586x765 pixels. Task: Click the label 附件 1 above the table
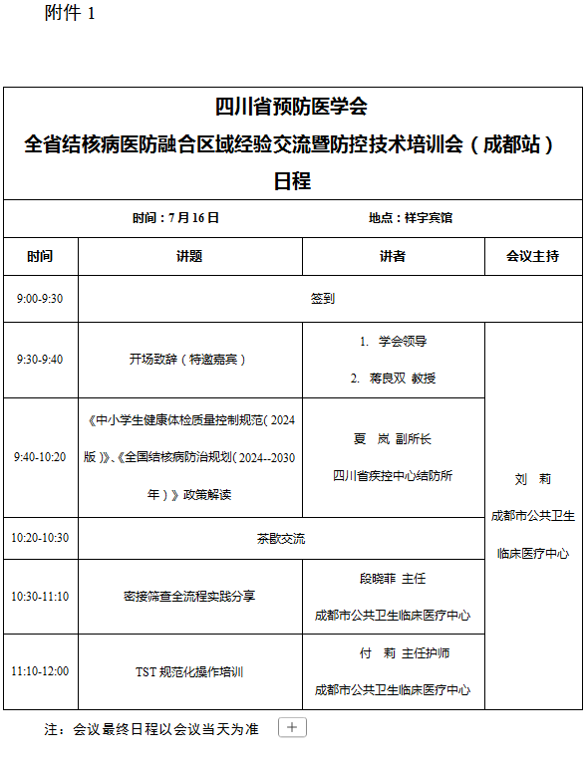(x=70, y=13)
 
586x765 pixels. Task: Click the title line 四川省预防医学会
(x=292, y=107)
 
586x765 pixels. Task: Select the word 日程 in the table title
(x=292, y=181)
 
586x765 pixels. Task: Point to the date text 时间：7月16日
(x=175, y=217)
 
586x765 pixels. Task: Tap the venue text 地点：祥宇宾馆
(x=410, y=217)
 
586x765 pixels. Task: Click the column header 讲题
(x=189, y=256)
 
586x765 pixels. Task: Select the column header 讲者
(x=393, y=256)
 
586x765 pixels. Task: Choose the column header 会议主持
(x=532, y=256)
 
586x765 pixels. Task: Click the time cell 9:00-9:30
(x=40, y=298)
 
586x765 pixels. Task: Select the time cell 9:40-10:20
(x=40, y=457)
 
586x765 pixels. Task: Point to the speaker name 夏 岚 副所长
(x=392, y=438)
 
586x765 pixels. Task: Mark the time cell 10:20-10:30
(x=40, y=538)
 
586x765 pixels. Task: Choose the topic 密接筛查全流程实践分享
(x=189, y=596)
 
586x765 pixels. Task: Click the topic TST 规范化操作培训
(x=189, y=671)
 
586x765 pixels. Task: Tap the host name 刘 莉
(x=533, y=479)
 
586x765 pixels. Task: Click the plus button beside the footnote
(x=292, y=728)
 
